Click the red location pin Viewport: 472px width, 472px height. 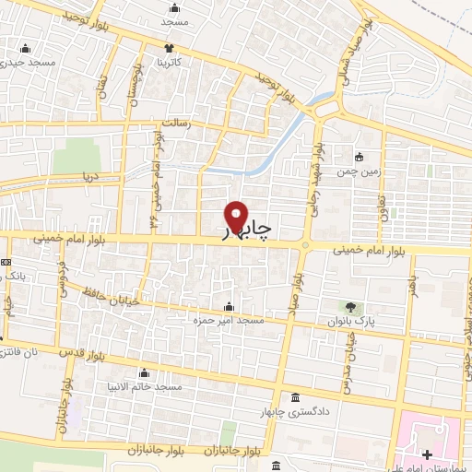(237, 217)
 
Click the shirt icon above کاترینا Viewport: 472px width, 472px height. (169, 48)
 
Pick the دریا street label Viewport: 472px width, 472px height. (89, 174)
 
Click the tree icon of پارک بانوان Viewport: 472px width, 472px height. (351, 306)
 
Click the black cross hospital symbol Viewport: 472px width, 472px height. (427, 454)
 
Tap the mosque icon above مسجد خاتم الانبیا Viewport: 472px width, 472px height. (143, 373)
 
